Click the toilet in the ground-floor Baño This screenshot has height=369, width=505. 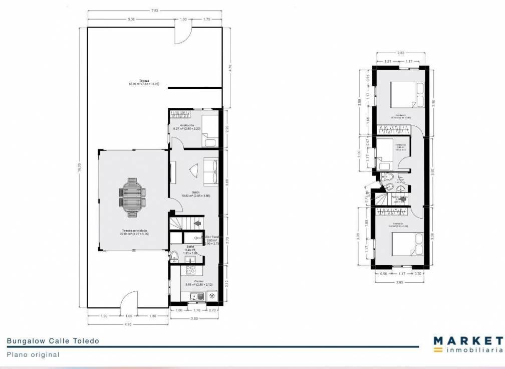(x=174, y=258)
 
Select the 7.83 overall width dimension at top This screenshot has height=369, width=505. (x=156, y=10)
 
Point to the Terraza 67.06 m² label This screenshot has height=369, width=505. (x=130, y=83)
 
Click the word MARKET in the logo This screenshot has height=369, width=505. (x=468, y=340)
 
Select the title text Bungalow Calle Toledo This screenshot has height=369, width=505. (x=53, y=341)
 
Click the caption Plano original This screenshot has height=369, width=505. (x=33, y=354)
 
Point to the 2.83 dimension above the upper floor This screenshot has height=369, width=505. (x=401, y=52)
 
